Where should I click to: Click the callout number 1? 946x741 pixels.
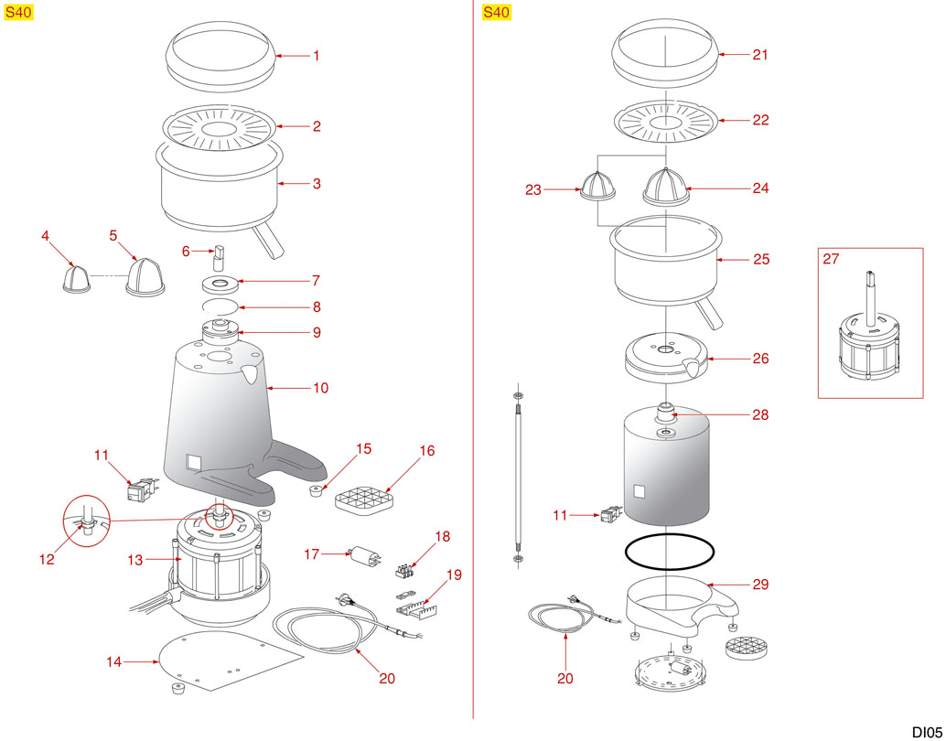coord(317,56)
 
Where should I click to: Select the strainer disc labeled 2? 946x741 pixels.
coord(220,128)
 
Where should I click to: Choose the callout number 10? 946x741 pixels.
coord(320,388)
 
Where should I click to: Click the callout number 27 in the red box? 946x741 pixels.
coord(831,259)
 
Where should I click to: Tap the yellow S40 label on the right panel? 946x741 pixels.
coord(496,12)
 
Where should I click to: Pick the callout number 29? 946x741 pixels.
coord(760,584)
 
